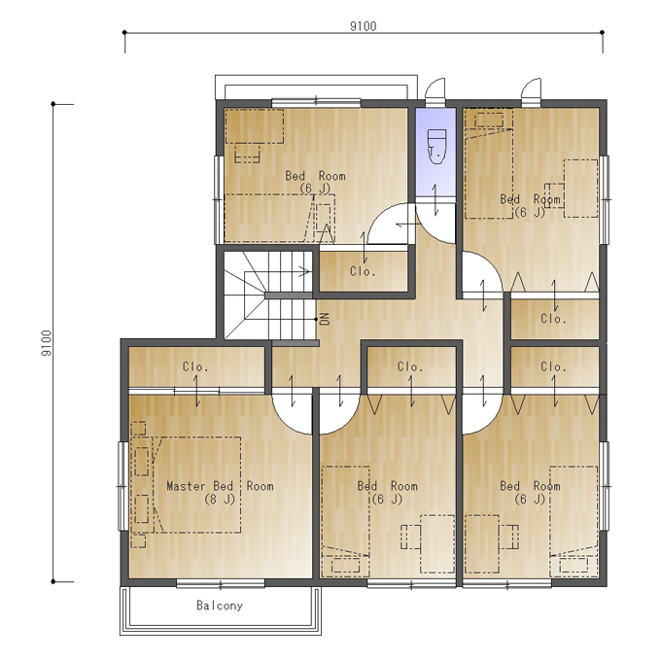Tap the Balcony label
pos(220,606)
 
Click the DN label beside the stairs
pos(325,319)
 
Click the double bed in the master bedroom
pos(197,485)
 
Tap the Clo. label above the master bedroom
pos(195,366)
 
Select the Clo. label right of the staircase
pos(363,271)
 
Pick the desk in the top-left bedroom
pos(255,126)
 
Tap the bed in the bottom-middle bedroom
pos(346,521)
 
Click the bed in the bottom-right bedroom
pos(574,521)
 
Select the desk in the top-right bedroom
pos(581,189)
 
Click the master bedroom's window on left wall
pos(122,486)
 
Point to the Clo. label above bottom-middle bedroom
pos(410,366)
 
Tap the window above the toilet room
pos(435,102)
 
